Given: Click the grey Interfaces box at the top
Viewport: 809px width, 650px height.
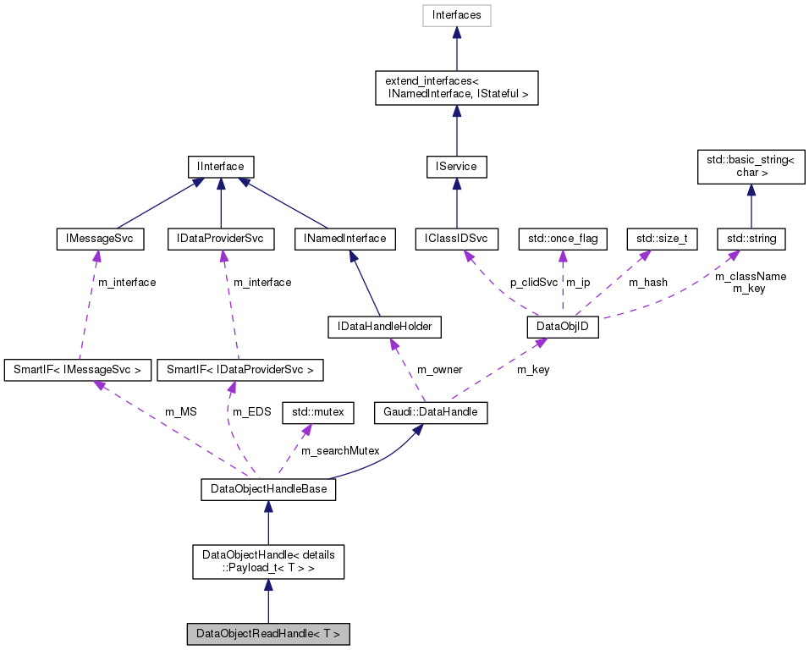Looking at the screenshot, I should (x=456, y=15).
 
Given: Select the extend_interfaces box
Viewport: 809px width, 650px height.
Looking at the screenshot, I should (x=456, y=87).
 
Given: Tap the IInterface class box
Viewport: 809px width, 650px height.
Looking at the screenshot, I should (x=220, y=166).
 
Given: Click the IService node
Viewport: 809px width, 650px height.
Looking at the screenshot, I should (x=456, y=166).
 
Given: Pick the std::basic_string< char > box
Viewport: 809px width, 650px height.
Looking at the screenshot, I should (x=750, y=166).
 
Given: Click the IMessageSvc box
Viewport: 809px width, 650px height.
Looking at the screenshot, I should (x=99, y=239).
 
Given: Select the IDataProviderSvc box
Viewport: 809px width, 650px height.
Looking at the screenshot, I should (x=220, y=239).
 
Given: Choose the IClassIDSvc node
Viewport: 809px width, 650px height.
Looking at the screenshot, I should (x=456, y=239).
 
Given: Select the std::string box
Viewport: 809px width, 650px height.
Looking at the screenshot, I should (x=751, y=239).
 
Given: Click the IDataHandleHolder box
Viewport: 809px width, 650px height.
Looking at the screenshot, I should (x=385, y=326).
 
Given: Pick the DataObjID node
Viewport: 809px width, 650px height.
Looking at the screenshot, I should (x=563, y=326).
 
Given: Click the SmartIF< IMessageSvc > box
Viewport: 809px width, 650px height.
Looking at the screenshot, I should (x=78, y=369).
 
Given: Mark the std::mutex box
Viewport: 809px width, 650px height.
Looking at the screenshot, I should (x=316, y=413).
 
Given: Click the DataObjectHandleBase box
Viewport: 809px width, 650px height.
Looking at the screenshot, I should (x=268, y=489).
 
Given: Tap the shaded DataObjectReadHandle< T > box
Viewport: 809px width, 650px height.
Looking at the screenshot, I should (x=268, y=633).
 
